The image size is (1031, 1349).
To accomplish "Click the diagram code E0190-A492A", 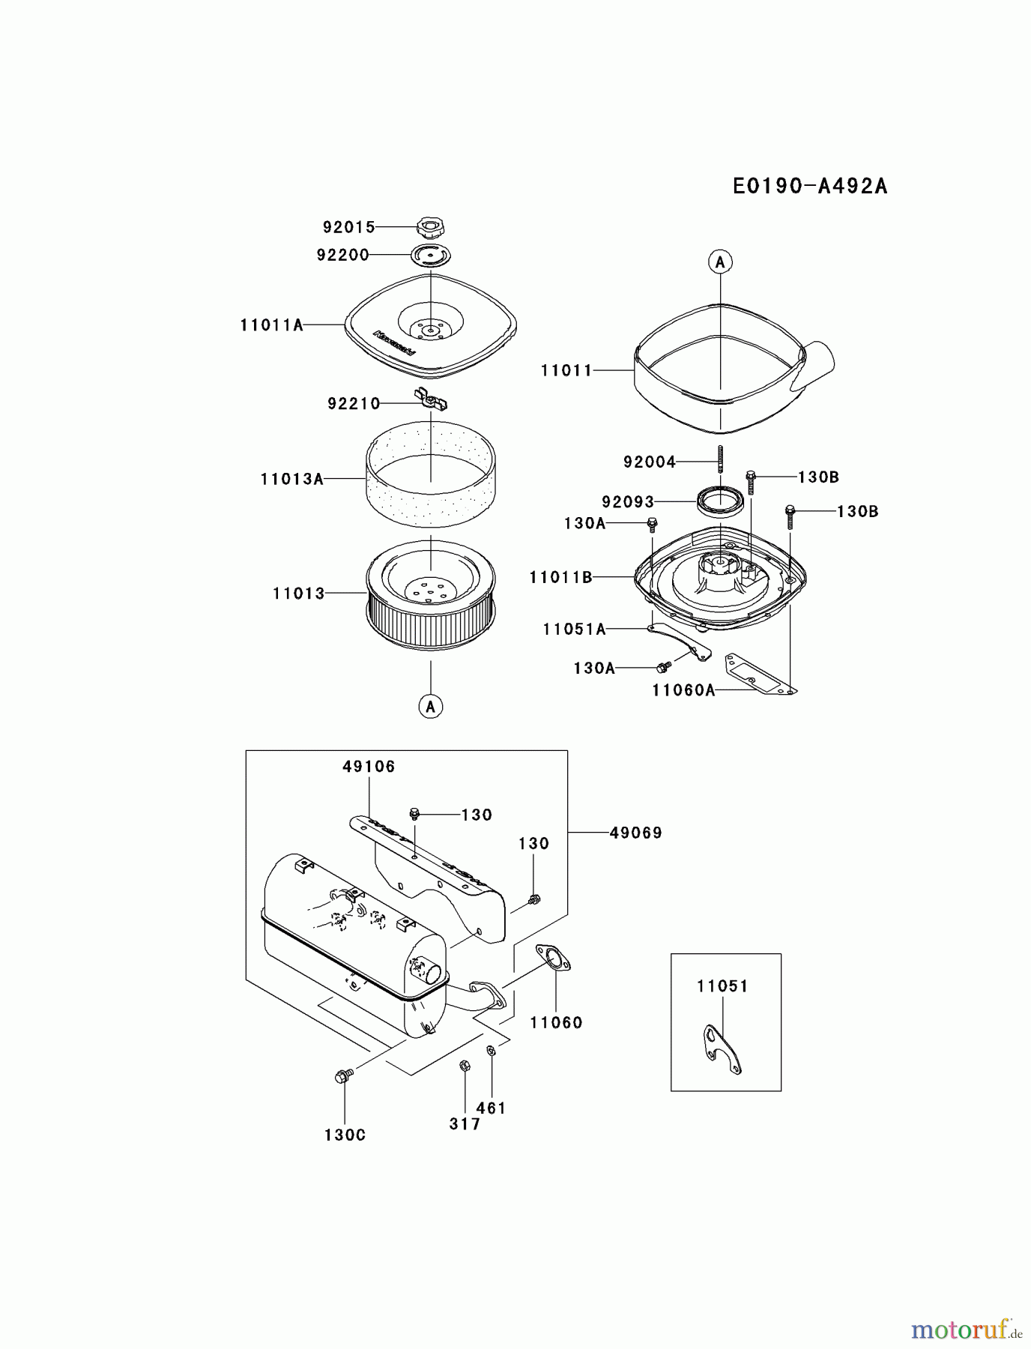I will pyautogui.click(x=809, y=186).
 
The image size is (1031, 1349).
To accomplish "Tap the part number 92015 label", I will pyautogui.click(x=348, y=227).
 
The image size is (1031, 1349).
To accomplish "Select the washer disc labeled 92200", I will pyautogui.click(x=432, y=255).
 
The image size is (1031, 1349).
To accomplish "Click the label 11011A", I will pyautogui.click(x=271, y=325).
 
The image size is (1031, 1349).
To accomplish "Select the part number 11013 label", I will pyautogui.click(x=298, y=594).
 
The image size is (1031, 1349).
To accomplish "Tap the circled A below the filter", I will pyautogui.click(x=431, y=706).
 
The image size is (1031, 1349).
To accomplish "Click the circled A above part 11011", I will pyautogui.click(x=720, y=262).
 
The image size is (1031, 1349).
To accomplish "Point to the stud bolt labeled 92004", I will pyautogui.click(x=720, y=458).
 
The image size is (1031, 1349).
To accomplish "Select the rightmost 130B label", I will pyautogui.click(x=857, y=512).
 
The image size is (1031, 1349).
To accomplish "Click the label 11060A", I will pyautogui.click(x=683, y=690).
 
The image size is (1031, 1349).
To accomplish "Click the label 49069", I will pyautogui.click(x=635, y=833).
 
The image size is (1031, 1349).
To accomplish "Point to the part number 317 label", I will pyautogui.click(x=465, y=1123).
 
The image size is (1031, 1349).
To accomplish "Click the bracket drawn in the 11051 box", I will pyautogui.click(x=722, y=1049).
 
